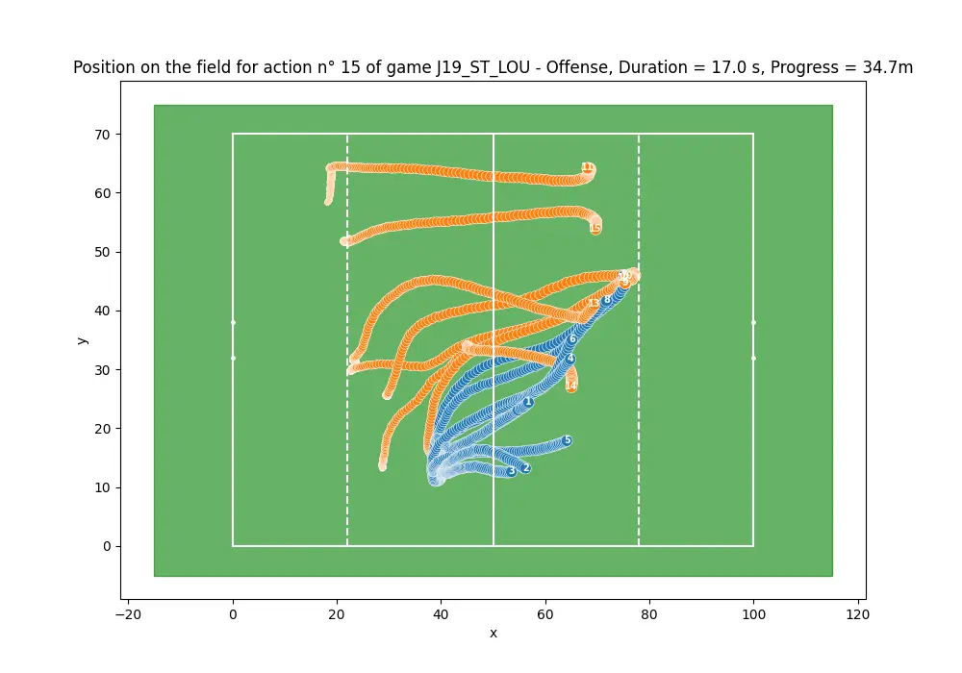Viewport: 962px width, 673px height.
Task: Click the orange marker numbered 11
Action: (x=587, y=167)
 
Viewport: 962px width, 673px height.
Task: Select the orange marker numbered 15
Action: (x=595, y=228)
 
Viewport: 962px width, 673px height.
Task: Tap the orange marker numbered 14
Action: (x=571, y=386)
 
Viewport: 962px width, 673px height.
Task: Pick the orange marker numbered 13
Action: (x=594, y=303)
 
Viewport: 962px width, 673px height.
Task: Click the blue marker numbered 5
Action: (x=567, y=440)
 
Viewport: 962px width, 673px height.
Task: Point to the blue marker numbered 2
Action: (x=525, y=468)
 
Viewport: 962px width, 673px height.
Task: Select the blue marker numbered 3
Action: (x=512, y=471)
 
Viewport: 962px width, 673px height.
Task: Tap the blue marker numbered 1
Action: (x=528, y=402)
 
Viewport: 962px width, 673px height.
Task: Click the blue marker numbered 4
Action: (x=570, y=359)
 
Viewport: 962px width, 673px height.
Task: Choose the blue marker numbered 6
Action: (x=572, y=338)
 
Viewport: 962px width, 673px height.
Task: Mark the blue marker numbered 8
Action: (x=607, y=299)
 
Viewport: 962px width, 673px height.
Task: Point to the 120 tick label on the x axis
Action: (x=857, y=611)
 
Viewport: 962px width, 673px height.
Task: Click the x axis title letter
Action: (x=494, y=633)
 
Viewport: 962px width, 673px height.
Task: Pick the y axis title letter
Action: (x=84, y=340)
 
